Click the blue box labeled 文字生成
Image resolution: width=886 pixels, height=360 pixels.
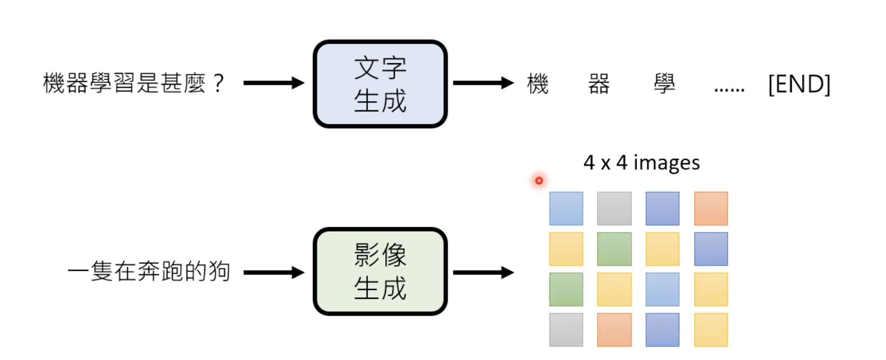click(380, 84)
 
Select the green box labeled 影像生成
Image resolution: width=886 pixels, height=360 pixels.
click(380, 271)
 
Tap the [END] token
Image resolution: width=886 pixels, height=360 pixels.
click(799, 84)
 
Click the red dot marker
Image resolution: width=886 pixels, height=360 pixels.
click(539, 180)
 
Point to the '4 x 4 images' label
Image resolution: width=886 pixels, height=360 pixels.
click(641, 163)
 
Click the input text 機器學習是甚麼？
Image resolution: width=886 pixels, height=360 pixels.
click(133, 83)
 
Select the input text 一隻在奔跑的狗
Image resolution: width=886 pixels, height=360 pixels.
click(149, 271)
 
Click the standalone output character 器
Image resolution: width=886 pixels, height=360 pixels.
click(599, 84)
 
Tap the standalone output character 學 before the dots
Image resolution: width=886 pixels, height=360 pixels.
click(664, 84)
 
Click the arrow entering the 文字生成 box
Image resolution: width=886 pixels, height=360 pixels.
click(273, 83)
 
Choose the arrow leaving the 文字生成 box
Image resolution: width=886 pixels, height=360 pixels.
click(483, 83)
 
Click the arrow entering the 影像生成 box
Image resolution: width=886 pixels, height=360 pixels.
click(273, 272)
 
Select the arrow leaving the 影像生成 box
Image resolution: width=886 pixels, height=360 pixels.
click(483, 272)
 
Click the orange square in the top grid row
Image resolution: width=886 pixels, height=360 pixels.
click(711, 208)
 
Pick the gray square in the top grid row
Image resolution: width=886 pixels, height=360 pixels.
click(614, 208)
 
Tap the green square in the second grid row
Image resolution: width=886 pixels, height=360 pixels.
click(614, 249)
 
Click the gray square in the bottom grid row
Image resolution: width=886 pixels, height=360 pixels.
click(566, 329)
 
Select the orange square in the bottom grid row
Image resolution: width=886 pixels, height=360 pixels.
click(614, 329)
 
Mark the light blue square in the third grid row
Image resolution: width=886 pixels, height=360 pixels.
click(662, 289)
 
